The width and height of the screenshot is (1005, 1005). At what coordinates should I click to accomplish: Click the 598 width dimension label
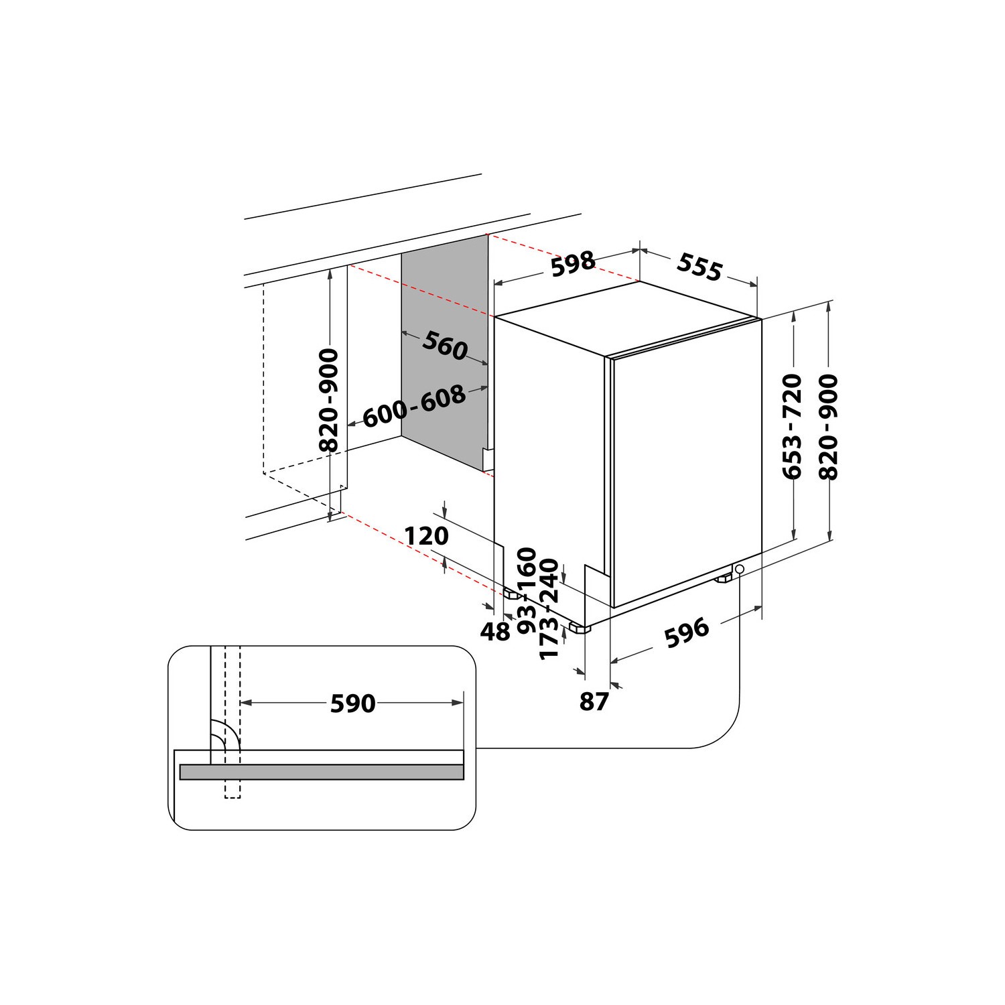573,264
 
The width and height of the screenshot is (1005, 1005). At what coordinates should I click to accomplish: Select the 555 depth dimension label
699,267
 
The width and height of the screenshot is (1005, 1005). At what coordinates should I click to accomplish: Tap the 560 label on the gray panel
444,346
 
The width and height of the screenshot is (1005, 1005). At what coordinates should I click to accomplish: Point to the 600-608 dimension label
414,406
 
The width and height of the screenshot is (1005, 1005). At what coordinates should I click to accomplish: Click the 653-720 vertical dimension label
793,426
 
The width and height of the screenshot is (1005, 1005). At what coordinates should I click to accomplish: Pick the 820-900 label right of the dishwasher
829,426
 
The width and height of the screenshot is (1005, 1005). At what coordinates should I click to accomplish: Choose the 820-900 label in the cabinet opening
329,400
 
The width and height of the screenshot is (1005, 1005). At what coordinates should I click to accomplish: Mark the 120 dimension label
426,536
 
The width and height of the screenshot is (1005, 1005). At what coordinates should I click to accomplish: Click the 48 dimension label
496,631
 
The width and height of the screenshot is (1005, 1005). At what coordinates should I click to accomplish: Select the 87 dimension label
594,701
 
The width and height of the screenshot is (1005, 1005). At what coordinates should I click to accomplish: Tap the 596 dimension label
687,632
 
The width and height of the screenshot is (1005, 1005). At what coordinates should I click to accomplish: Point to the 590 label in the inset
353,703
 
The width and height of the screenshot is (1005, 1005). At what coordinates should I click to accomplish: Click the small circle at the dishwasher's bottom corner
739,569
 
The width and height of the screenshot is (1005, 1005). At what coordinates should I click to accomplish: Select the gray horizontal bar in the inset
322,772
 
